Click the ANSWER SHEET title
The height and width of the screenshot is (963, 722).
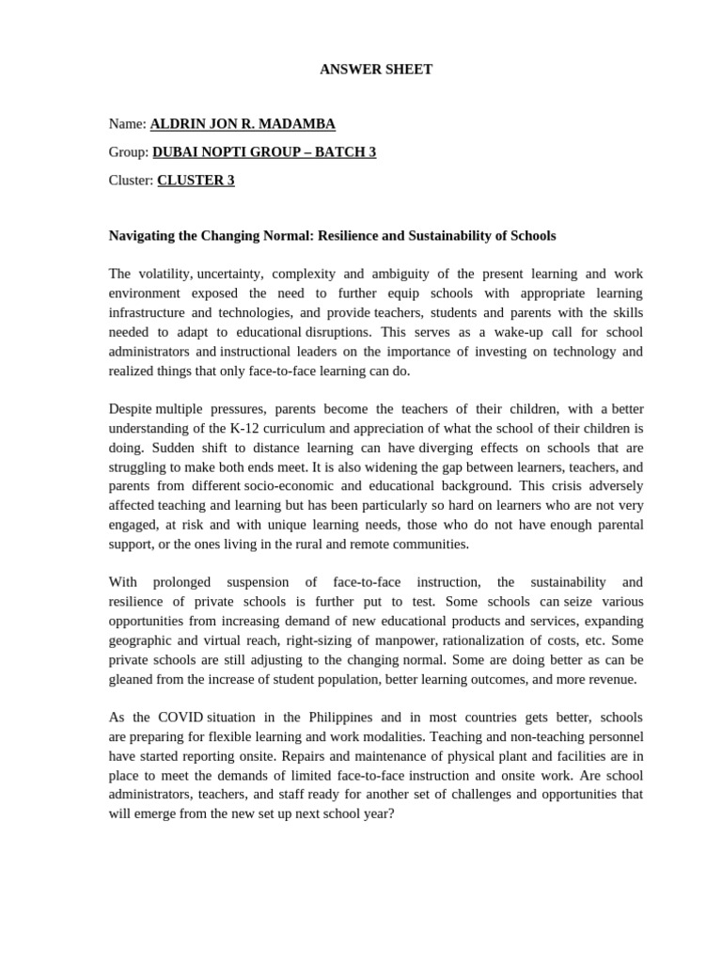[x=376, y=70]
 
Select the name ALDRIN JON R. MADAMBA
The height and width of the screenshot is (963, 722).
[x=243, y=124]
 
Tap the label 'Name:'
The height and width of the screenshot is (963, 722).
[x=128, y=124]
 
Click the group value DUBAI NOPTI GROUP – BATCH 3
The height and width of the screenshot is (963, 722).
[x=263, y=152]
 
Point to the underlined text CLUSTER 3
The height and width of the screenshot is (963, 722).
[x=196, y=181]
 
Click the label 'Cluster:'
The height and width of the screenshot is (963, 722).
[x=131, y=181]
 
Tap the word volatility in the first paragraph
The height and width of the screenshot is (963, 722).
[x=165, y=274]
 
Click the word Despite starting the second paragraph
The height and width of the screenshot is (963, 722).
[x=130, y=409]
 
